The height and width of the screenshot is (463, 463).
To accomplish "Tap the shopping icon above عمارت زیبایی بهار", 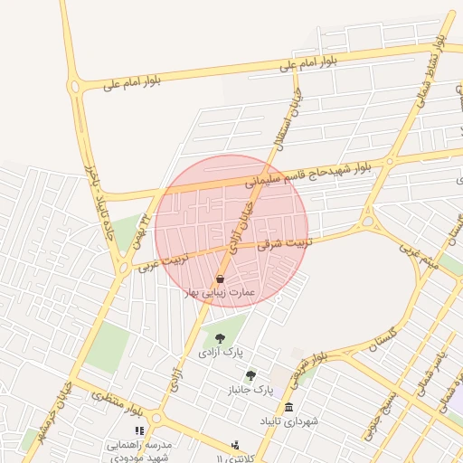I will pyautogui.click(x=221, y=279).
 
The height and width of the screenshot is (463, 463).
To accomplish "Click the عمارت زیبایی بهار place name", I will pyautogui.click(x=221, y=293).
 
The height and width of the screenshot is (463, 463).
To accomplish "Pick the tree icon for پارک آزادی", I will pyautogui.click(x=221, y=338).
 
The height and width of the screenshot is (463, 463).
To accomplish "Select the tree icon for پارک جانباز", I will pyautogui.click(x=250, y=375).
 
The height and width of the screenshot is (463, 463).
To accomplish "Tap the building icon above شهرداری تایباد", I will pyautogui.click(x=288, y=407).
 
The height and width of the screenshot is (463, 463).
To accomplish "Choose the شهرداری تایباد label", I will pyautogui.click(x=288, y=421).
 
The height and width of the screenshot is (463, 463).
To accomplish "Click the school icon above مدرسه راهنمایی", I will pyautogui.click(x=139, y=431).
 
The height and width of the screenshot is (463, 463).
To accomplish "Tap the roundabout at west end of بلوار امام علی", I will pyautogui.click(x=74, y=88).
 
